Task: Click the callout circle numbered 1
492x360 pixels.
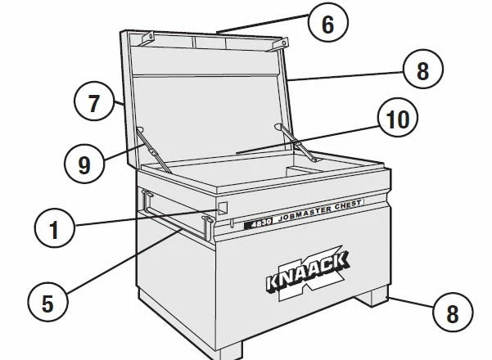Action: (x=55, y=228)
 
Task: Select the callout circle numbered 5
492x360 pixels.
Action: (x=47, y=302)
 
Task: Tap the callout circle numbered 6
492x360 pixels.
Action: (x=328, y=23)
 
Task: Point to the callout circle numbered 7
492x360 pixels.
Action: (x=94, y=101)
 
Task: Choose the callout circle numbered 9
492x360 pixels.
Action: (x=84, y=164)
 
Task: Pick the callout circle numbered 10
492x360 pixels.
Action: (x=398, y=118)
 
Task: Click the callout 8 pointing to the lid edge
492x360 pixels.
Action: (x=423, y=69)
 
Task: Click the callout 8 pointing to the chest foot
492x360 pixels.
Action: (x=453, y=313)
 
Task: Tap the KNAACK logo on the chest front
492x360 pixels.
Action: (x=308, y=272)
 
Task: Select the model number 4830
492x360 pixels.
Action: (x=258, y=223)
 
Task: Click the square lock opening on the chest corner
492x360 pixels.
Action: (x=223, y=208)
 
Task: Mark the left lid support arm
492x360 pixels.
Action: (x=154, y=150)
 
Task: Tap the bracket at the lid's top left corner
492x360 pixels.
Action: (x=148, y=38)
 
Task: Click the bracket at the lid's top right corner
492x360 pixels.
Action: (x=280, y=43)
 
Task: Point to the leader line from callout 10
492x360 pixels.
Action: (x=307, y=140)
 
